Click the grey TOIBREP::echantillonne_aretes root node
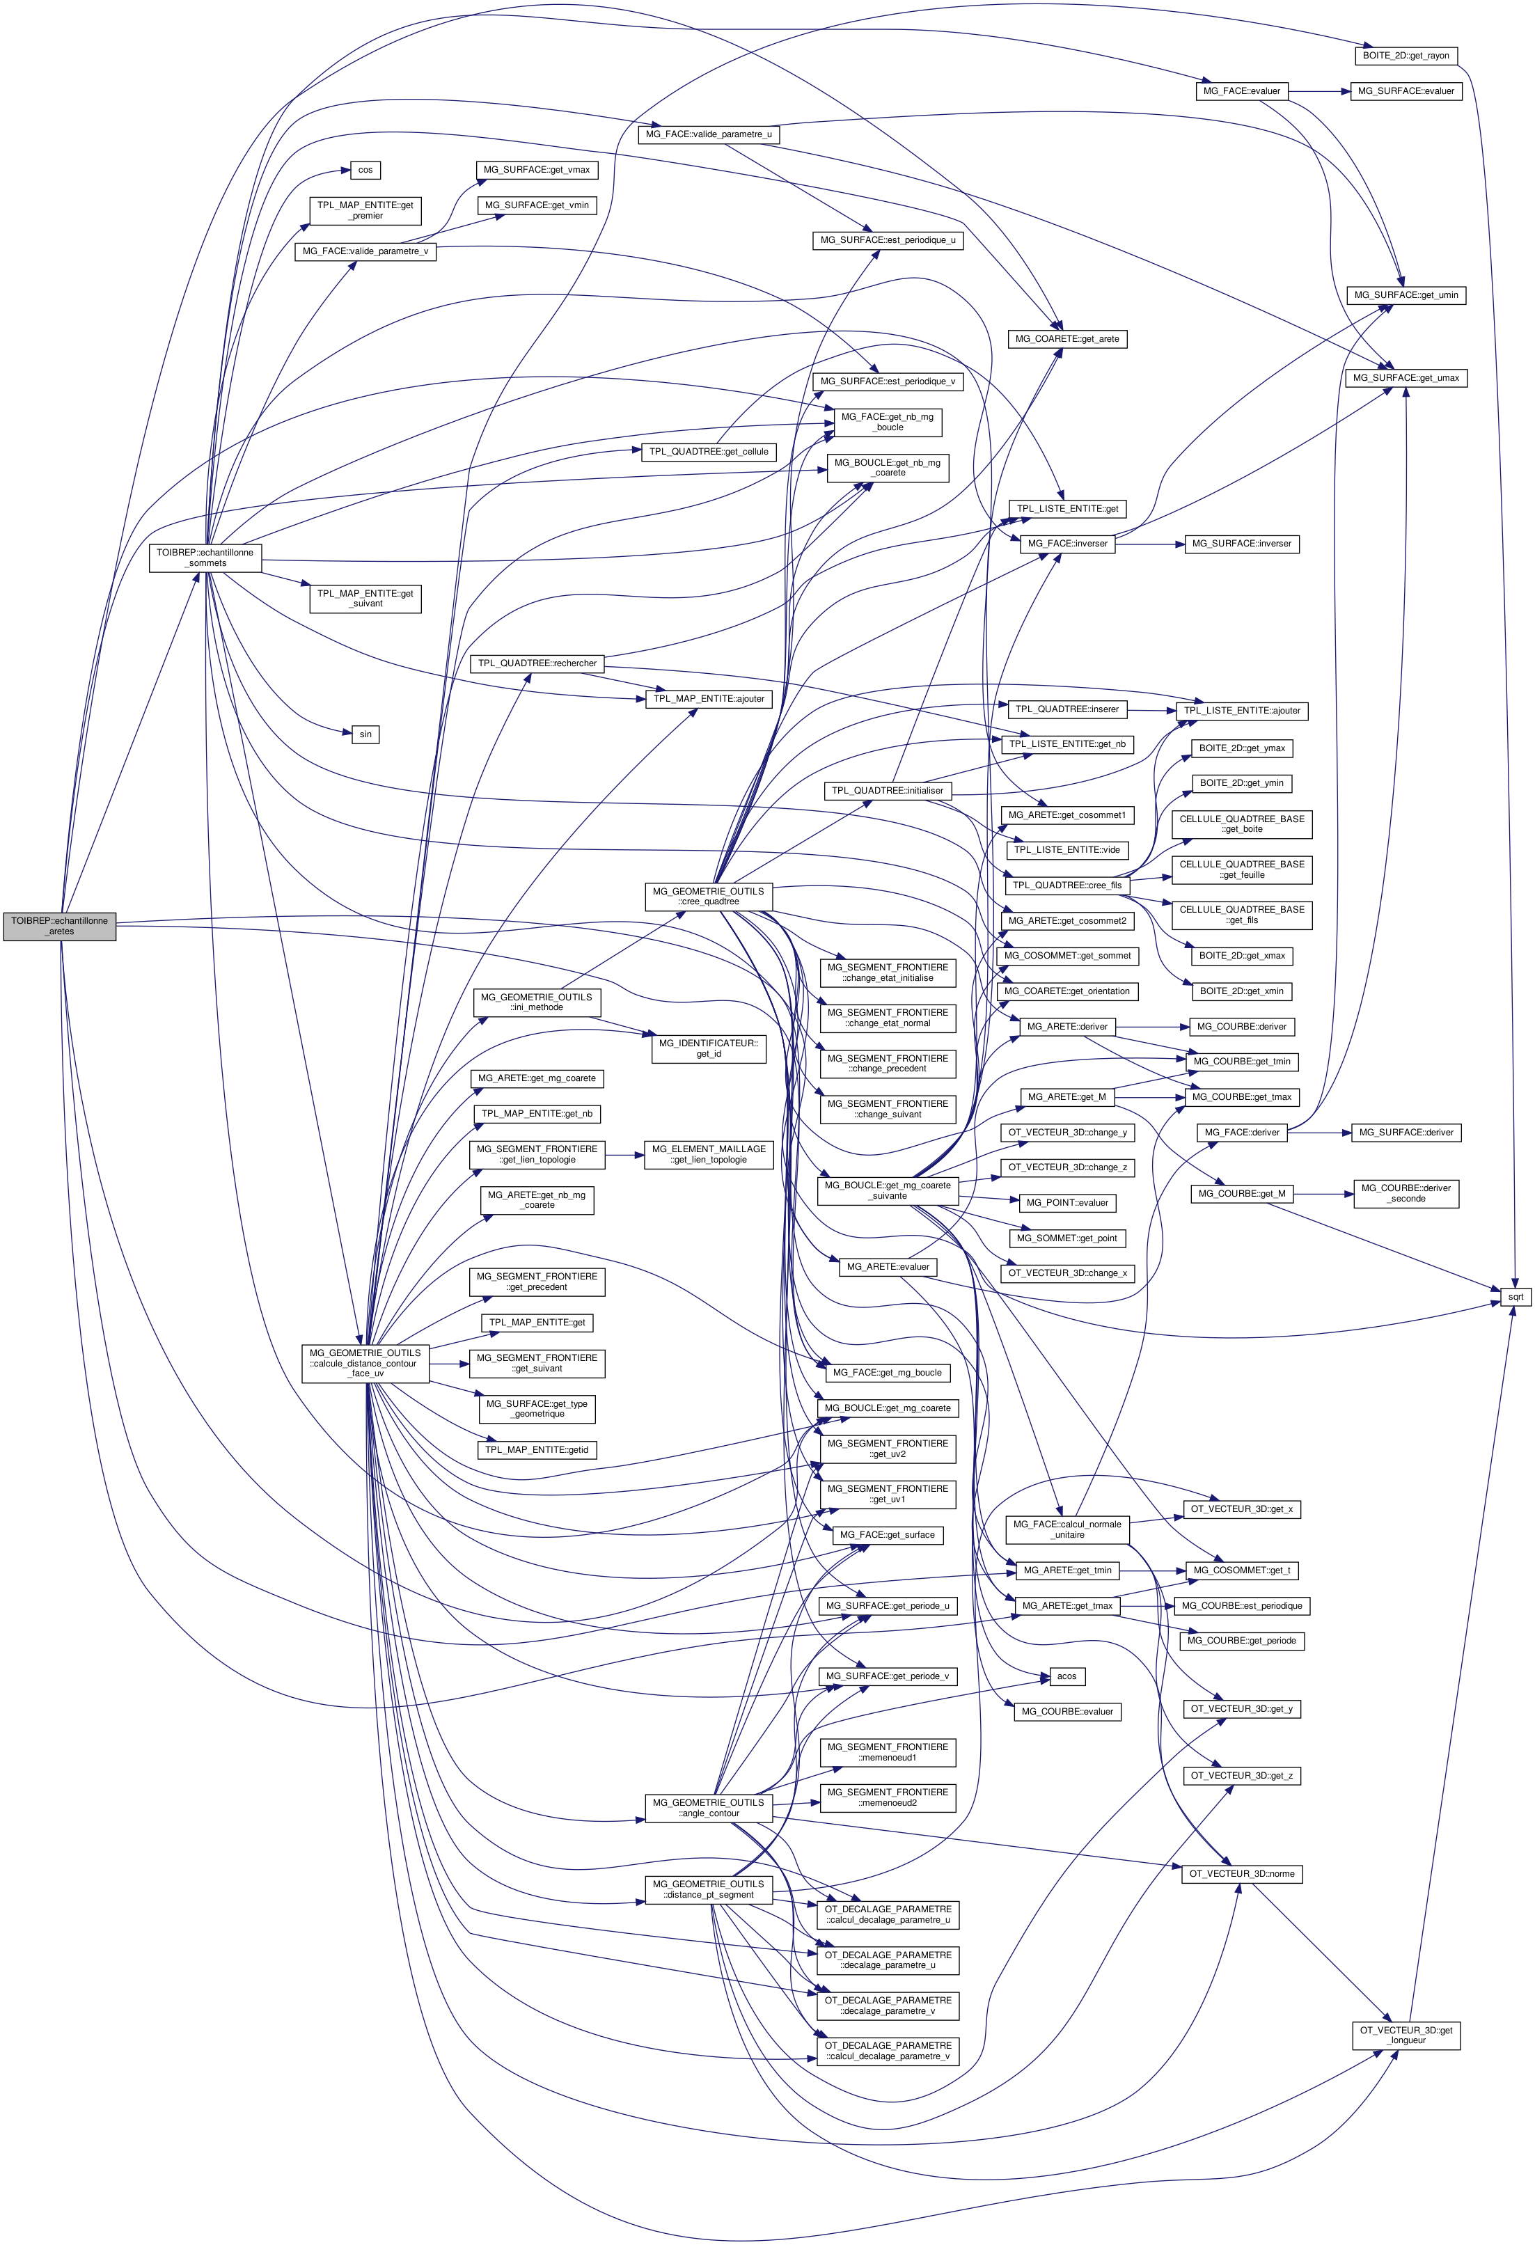tap(60, 925)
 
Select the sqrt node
tap(1515, 1296)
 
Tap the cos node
tap(365, 170)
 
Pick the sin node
tap(365, 734)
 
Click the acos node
tap(1066, 1676)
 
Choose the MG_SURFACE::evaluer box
tap(1406, 90)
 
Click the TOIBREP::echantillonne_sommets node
tap(205, 558)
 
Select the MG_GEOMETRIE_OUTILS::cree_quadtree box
tap(708, 897)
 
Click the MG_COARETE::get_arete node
tap(1066, 339)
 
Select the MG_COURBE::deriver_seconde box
tap(1406, 1193)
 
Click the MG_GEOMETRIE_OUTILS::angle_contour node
tap(708, 1807)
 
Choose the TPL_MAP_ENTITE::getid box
tap(537, 1450)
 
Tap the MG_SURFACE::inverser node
tap(1241, 544)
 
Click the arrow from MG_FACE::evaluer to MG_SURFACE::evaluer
tap(1318, 90)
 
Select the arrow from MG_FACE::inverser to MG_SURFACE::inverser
tap(1149, 544)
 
